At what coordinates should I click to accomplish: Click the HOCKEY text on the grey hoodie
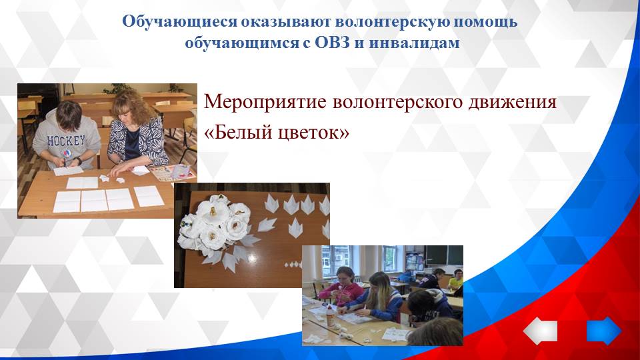(67, 141)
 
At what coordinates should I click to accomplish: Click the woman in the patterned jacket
(136, 133)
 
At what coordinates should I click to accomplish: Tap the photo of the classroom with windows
(382, 295)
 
